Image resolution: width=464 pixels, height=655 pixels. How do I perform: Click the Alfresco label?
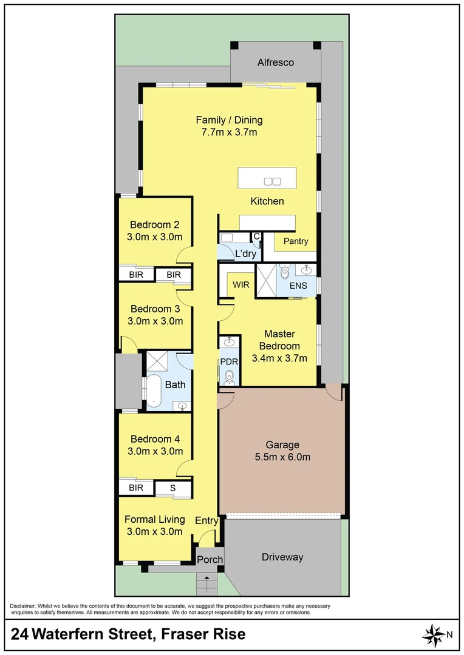click(275, 62)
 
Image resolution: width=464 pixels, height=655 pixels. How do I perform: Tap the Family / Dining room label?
click(229, 120)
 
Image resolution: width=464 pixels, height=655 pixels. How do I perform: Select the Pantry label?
click(296, 241)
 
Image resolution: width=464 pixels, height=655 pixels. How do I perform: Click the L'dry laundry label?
click(245, 254)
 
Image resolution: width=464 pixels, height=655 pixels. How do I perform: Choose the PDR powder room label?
click(228, 361)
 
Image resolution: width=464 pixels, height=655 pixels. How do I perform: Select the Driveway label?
click(282, 557)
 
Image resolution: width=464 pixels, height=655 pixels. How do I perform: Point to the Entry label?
click(206, 520)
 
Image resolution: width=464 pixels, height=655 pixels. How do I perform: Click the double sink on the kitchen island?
click(272, 181)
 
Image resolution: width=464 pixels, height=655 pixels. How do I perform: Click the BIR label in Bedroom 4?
click(135, 487)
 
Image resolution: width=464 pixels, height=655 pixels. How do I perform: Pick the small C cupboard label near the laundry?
click(256, 236)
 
